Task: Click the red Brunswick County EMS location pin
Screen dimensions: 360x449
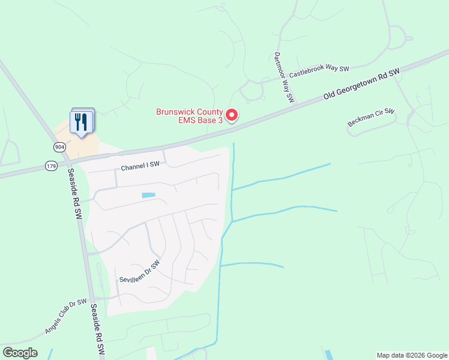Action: [232, 114]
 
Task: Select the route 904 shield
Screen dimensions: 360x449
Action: [59, 146]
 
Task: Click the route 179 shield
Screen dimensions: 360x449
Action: [50, 166]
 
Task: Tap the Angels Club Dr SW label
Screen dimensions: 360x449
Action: [65, 316]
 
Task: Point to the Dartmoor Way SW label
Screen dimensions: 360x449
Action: [283, 76]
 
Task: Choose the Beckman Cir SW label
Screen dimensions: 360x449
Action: [371, 117]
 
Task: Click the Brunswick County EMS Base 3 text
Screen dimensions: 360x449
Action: [189, 116]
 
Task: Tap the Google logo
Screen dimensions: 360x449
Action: [20, 353]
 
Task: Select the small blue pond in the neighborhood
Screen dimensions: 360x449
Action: [148, 195]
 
